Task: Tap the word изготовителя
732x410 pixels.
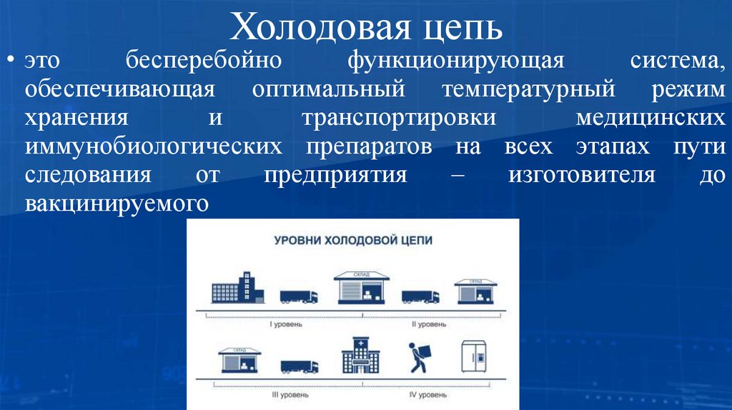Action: (582, 175)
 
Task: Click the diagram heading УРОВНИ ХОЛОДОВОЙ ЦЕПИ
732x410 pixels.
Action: (353, 241)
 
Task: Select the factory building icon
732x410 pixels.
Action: (237, 288)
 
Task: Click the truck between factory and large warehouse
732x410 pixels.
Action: (299, 295)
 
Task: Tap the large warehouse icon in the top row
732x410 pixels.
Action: (361, 287)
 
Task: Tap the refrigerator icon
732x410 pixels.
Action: (475, 356)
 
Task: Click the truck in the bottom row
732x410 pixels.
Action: (299, 366)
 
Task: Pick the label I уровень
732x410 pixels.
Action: (285, 324)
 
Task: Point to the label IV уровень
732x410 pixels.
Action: (428, 394)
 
